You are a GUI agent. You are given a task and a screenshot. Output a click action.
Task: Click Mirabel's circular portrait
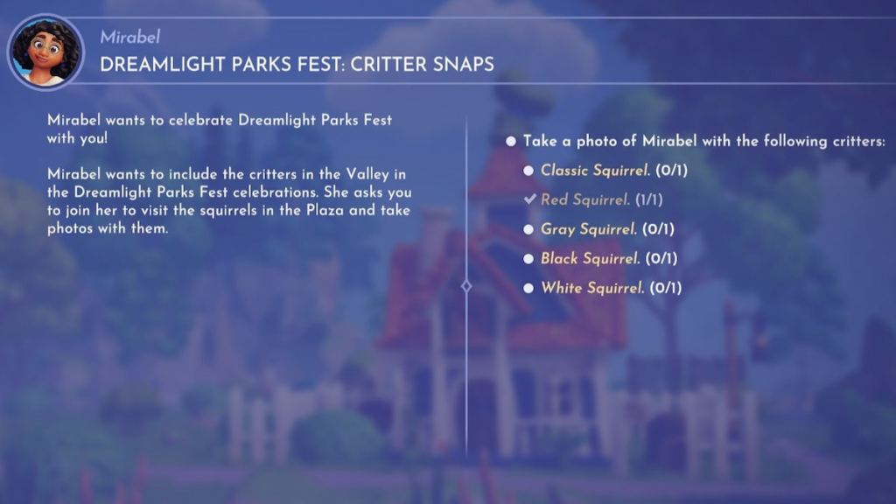coord(45,52)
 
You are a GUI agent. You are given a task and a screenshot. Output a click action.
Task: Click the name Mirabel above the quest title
coord(130,37)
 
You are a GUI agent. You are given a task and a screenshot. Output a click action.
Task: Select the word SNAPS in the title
coord(463,65)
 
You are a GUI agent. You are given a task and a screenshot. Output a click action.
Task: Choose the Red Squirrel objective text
coord(585,199)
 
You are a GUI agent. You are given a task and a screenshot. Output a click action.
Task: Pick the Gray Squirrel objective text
coord(588,229)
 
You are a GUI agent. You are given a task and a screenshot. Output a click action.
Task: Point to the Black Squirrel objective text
coord(590,258)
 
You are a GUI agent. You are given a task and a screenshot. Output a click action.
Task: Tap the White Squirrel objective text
coord(592,288)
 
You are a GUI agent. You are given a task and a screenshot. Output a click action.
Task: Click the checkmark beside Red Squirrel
coord(529,199)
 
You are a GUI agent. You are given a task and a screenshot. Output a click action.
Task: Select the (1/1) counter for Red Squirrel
coord(648,199)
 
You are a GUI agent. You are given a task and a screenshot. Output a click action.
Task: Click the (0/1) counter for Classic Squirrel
coord(673,170)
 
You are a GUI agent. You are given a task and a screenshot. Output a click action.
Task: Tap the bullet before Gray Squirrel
coord(528,229)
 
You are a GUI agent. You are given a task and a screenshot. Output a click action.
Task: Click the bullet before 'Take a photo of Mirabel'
coord(511,141)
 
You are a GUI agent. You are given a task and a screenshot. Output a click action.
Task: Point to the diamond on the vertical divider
coord(466,286)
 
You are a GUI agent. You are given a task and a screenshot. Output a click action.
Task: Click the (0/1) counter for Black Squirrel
coord(662,258)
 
